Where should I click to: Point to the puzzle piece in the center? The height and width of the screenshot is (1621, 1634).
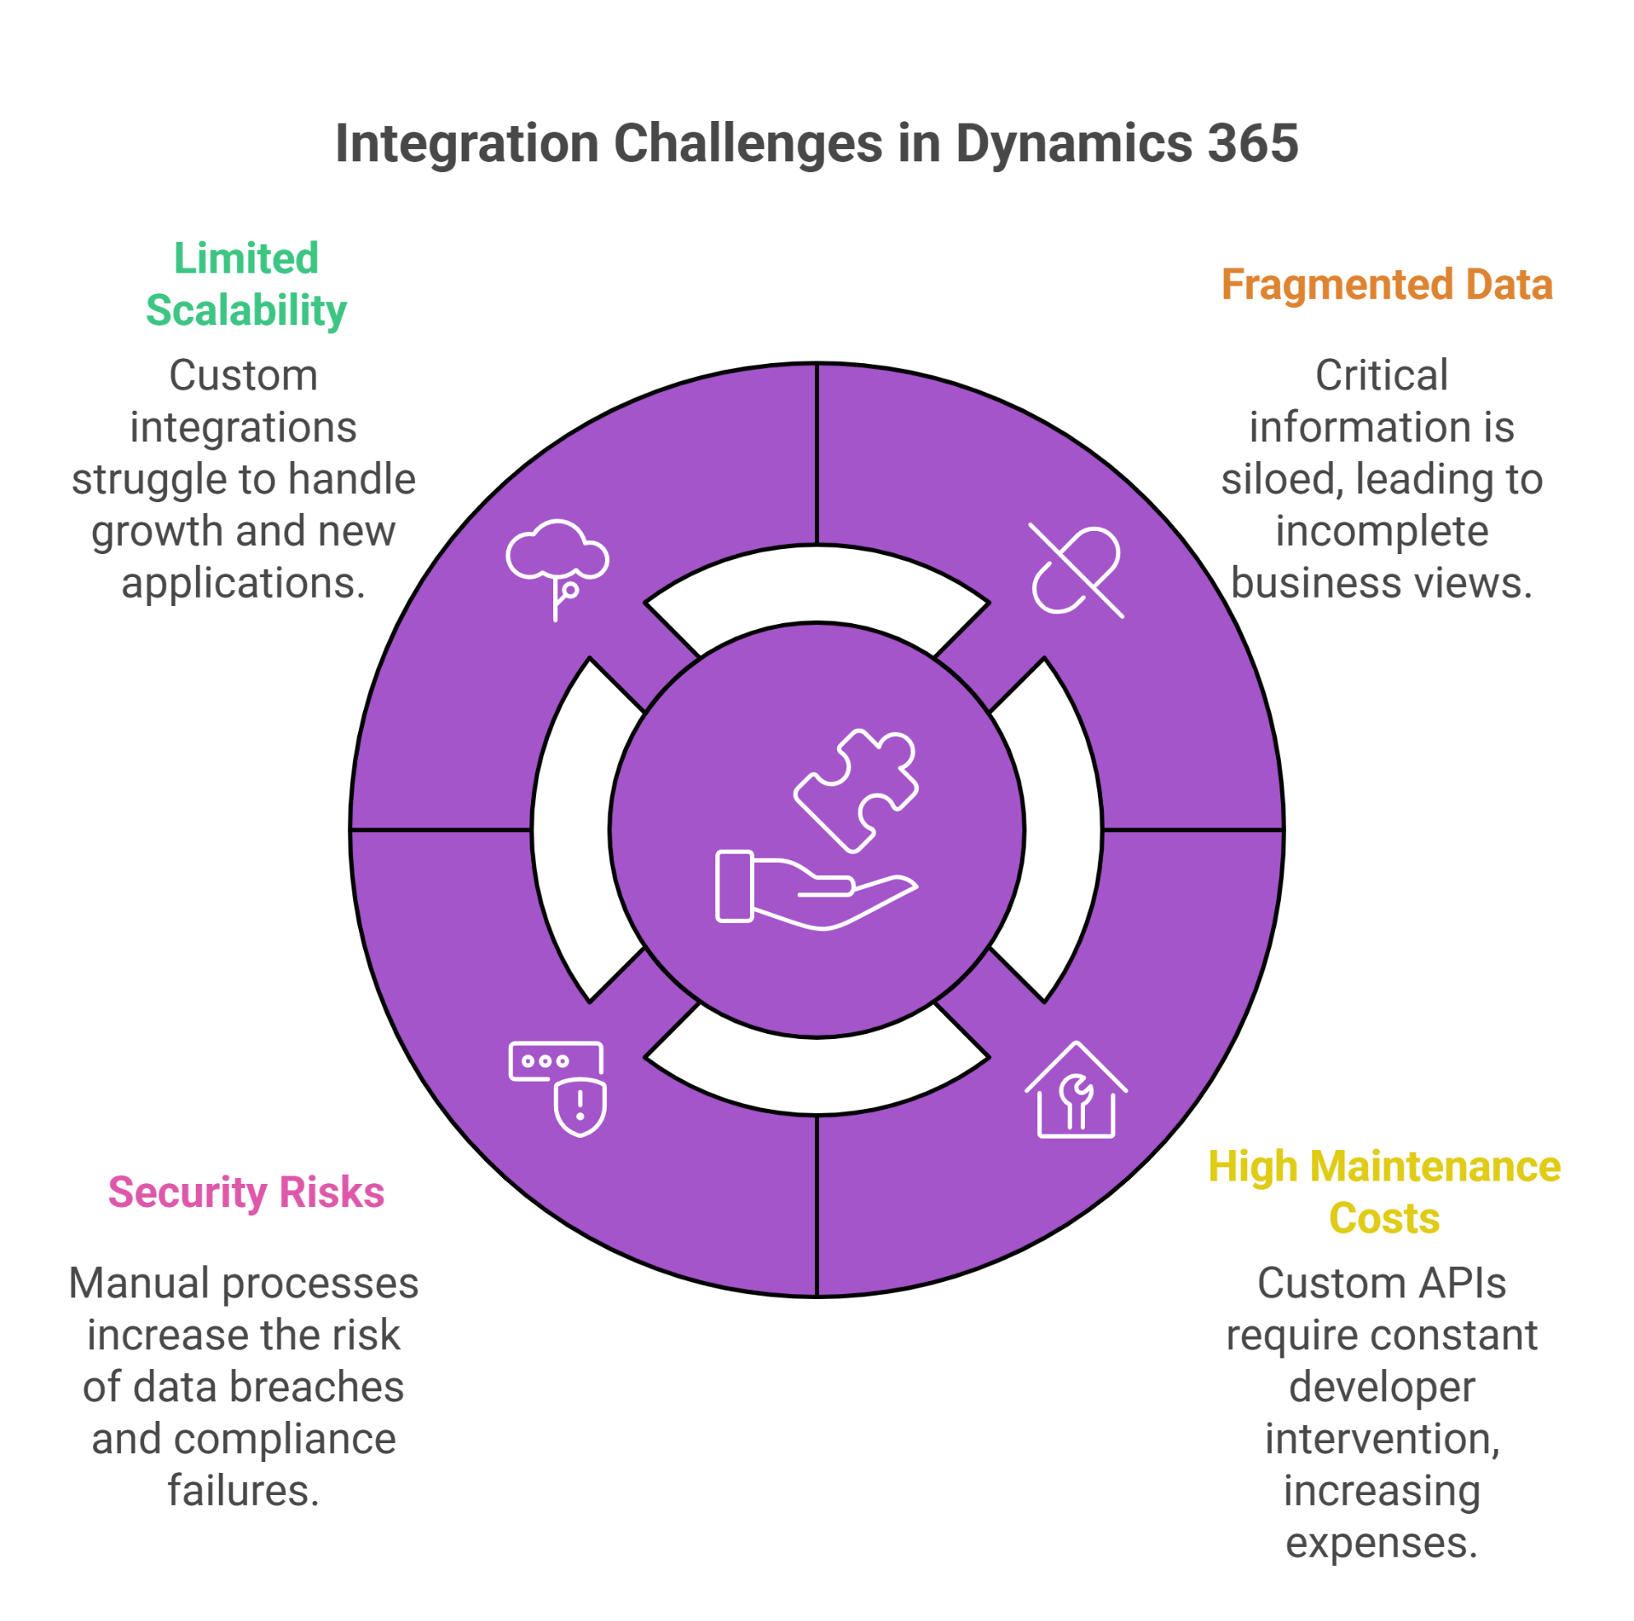pyautogui.click(x=856, y=790)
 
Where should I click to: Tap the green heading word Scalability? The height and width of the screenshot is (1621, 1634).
pyautogui.click(x=246, y=310)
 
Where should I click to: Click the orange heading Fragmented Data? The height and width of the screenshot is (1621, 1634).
pyautogui.click(x=1387, y=284)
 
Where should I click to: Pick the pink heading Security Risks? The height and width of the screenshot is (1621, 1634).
pyautogui.click(x=246, y=1192)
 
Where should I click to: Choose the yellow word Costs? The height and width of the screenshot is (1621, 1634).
pyautogui.click(x=1384, y=1218)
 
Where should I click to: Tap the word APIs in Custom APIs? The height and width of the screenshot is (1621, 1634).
pyautogui.click(x=1465, y=1283)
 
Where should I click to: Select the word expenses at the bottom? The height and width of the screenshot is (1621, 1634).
pyautogui.click(x=1382, y=1543)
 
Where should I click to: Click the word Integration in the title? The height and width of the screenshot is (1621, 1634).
pyautogui.click(x=467, y=143)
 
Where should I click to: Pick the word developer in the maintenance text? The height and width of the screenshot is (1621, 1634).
pyautogui.click(x=1382, y=1387)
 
